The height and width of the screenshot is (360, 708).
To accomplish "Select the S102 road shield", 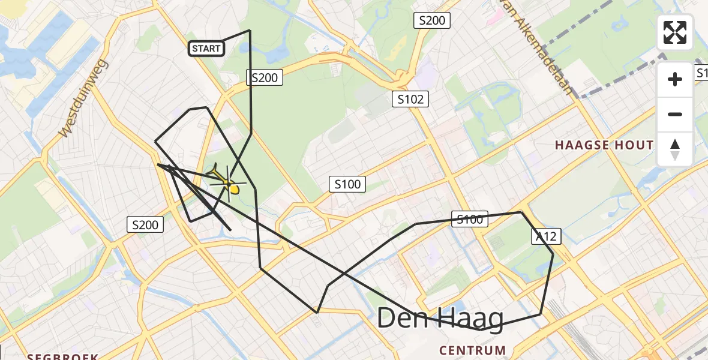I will [x=410, y=99].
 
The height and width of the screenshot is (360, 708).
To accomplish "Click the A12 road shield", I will [x=545, y=236].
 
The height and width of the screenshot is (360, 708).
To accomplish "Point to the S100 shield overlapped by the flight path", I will [x=470, y=220].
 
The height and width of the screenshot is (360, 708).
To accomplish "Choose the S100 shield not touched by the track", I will [x=348, y=184].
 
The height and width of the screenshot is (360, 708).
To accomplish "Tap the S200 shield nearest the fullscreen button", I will [x=432, y=20].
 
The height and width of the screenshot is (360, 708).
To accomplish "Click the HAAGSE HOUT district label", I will [x=604, y=145].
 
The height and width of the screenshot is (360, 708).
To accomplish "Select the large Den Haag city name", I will [x=440, y=319].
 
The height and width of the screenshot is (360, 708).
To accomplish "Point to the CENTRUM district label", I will [x=472, y=350].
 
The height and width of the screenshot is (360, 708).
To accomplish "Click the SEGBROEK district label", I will [x=62, y=356].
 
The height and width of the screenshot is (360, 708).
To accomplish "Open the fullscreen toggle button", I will [x=675, y=32].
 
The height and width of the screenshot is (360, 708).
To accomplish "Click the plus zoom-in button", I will [x=675, y=79].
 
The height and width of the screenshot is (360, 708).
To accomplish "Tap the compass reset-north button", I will [x=675, y=149].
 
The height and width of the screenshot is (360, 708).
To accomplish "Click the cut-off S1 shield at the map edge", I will [x=701, y=73].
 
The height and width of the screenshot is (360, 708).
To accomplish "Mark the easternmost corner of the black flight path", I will [x=553, y=254].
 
